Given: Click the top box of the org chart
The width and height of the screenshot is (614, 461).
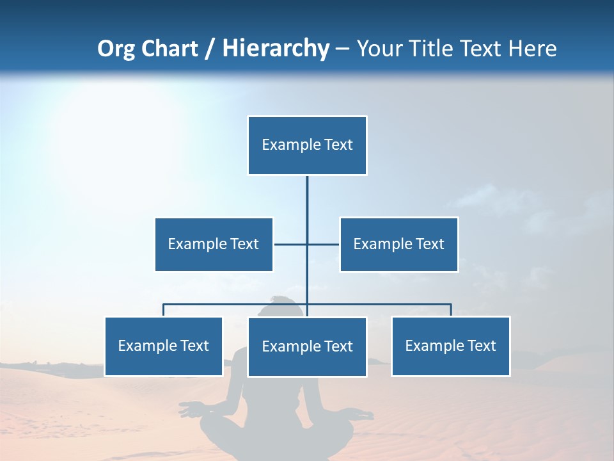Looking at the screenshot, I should pos(307,145).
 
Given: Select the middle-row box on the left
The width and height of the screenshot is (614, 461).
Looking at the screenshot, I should pos(214,244).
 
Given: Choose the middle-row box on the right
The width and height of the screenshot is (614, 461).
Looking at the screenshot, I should pos(398,244).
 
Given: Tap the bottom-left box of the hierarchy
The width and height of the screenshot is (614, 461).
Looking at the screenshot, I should pos(164,346).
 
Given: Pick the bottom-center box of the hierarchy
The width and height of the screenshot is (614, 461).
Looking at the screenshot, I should pos(307,346).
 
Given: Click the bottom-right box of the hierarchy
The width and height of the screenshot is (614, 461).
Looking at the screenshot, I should pos(450,346).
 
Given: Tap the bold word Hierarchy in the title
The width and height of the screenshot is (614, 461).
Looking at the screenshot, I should pos(275,49).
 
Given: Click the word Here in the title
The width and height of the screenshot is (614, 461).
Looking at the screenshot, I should pos(532,49).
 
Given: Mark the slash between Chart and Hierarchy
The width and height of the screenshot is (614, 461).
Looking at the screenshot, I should pos(210,49).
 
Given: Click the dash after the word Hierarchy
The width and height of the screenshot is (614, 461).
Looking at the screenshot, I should pos(342,49).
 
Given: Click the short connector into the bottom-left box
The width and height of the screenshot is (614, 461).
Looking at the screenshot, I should pos(164,310).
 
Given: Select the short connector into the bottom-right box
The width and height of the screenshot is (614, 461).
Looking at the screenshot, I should pos(451,310).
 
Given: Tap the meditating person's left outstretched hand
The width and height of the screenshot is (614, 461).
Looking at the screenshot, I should pos(189,410).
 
